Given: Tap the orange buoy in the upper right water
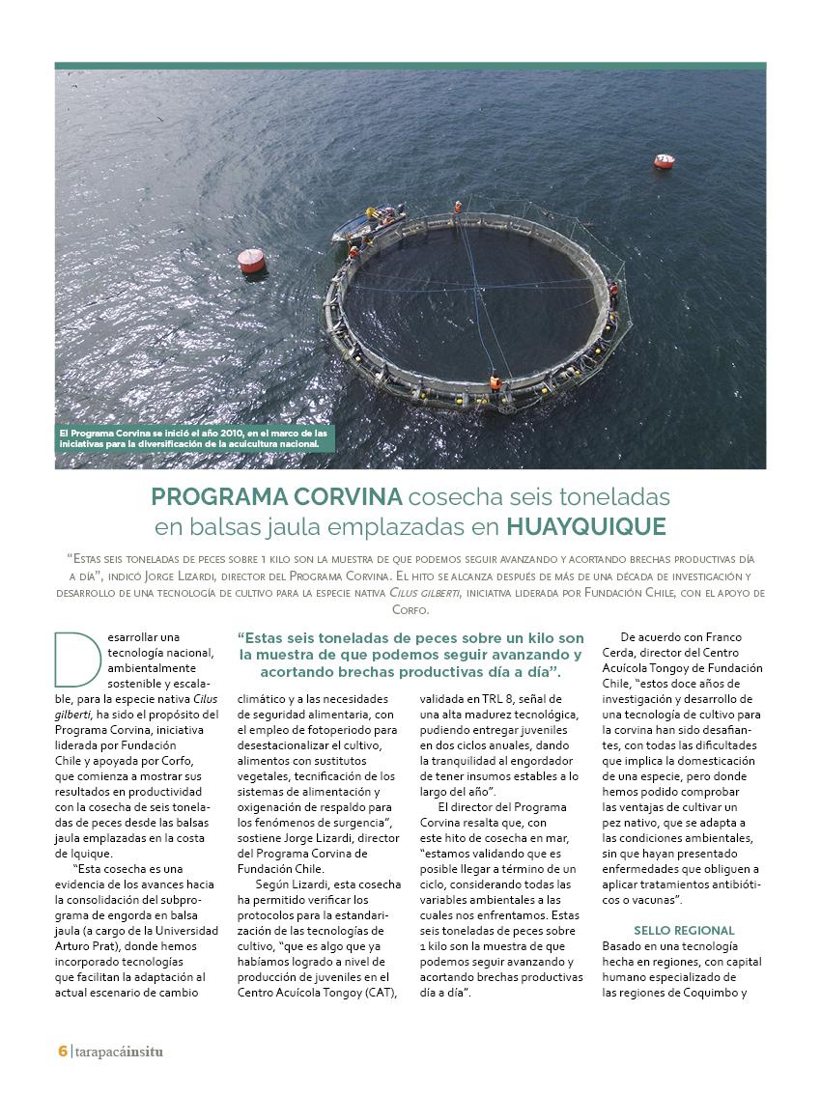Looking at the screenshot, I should [x=664, y=161].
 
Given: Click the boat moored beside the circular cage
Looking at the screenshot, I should [x=367, y=223].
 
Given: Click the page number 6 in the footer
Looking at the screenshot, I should [x=62, y=1052].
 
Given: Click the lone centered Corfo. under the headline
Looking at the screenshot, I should [x=410, y=609].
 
